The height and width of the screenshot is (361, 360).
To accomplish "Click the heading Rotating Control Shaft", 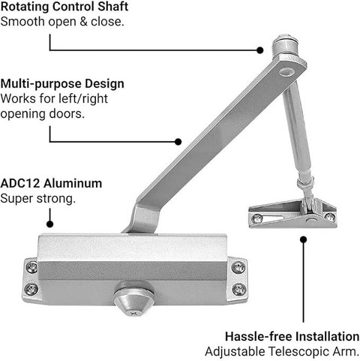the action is point(64,7).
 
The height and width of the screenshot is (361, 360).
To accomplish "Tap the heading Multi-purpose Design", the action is point(62,83).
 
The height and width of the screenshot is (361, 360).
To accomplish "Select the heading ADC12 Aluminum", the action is point(51,183).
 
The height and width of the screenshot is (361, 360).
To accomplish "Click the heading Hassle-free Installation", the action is point(292,336).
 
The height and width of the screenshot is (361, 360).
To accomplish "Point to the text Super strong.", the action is point(38,199).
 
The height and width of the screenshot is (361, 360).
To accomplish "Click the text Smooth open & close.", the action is point(62,22).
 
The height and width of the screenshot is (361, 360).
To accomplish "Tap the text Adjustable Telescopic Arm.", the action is point(282,351).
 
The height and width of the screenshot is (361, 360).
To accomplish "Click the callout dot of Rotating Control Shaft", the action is point(260,50).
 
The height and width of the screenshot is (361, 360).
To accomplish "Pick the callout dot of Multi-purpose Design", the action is point(178,142).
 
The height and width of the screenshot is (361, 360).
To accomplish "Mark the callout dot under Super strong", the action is point(50,224).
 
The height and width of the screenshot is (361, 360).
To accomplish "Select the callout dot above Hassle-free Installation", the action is point(304,239).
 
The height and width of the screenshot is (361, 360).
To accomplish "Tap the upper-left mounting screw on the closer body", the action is point(31,267).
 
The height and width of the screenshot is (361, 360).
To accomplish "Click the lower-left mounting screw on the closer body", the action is point(31,290).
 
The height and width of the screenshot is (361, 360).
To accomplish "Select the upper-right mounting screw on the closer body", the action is point(238,267).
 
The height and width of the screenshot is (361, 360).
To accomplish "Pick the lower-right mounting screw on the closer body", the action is point(238,290).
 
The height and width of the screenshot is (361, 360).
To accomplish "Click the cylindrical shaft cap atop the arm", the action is point(285,45).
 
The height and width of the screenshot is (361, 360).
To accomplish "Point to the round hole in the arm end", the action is point(286,72).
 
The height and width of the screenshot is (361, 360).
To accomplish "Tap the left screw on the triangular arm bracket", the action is point(257,218).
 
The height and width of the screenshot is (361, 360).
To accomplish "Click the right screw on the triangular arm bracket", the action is point(330,217).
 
